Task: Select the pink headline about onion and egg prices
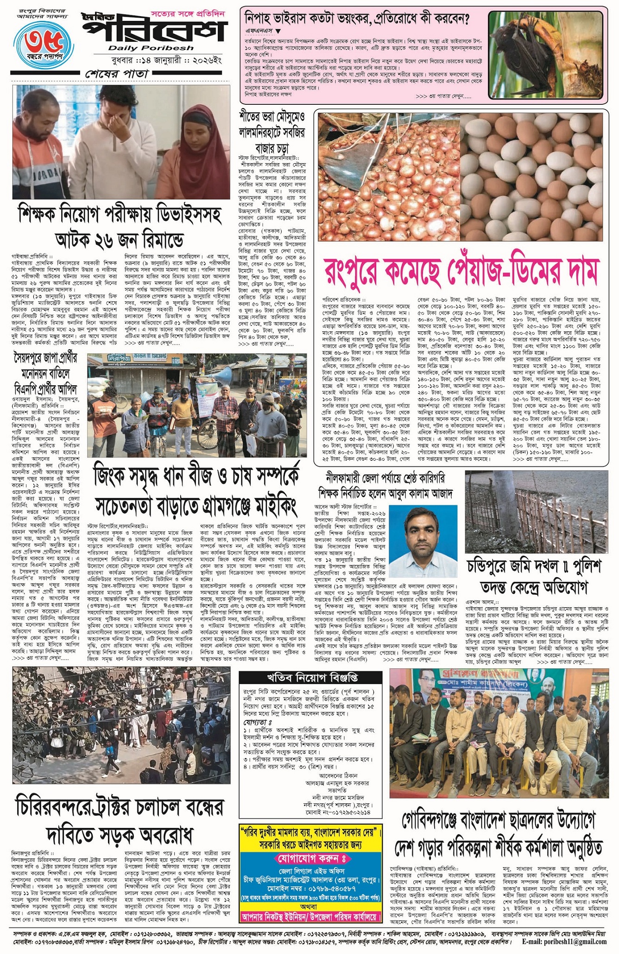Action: click(462, 271)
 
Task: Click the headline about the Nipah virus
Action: click(357, 19)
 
